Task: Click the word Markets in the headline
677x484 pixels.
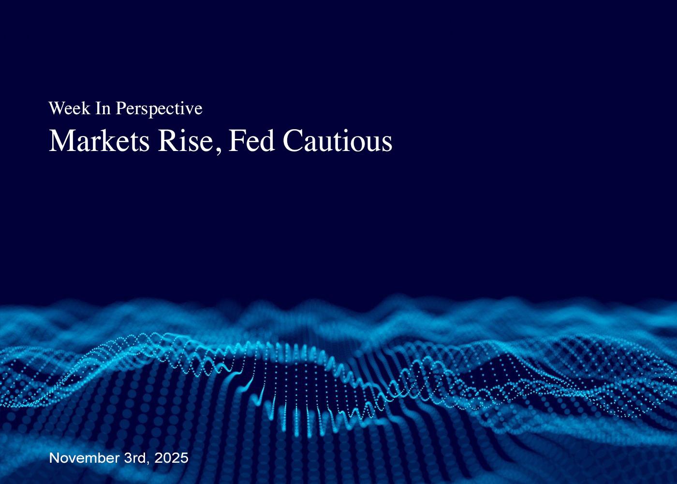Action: click(99, 141)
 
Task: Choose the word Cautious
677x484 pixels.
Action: click(337, 141)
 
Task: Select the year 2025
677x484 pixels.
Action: click(171, 458)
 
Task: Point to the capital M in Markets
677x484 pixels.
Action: click(60, 141)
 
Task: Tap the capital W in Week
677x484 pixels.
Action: click(56, 108)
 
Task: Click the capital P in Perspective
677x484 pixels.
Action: click(120, 108)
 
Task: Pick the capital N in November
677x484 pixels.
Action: click(54, 458)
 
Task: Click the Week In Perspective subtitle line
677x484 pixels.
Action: click(125, 108)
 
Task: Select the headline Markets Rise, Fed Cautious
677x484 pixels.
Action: click(221, 141)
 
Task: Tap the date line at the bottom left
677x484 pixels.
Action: click(118, 458)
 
